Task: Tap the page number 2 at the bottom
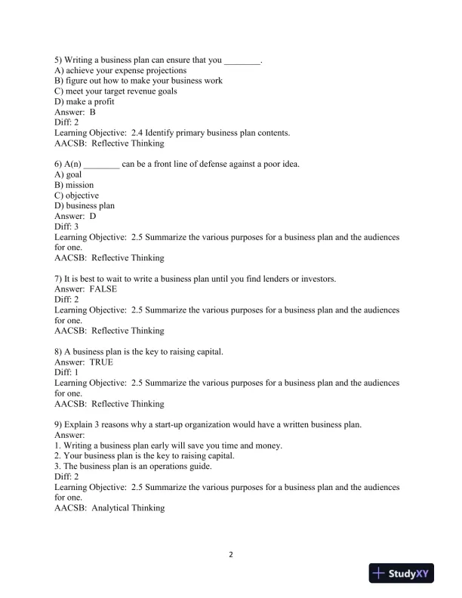231,555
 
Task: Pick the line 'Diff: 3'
66,227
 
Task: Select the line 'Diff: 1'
66,373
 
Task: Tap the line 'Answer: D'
75,216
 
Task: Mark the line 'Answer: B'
75,112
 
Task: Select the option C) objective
77,196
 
